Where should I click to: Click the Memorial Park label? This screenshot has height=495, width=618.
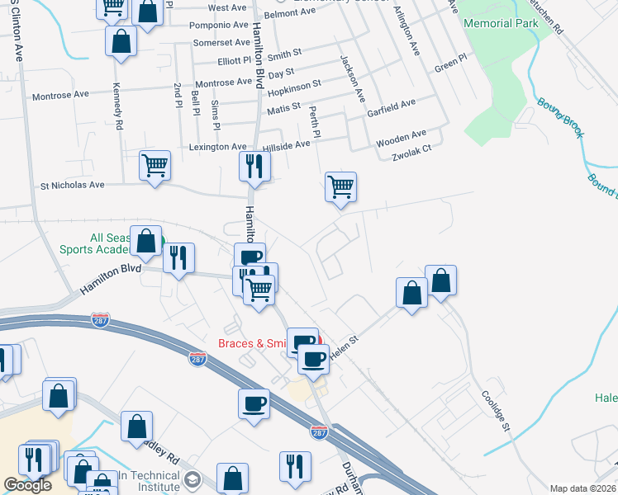pos(501,23)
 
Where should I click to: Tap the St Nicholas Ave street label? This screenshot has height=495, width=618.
pos(73,186)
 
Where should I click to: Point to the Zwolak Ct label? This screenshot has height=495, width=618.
pos(412,150)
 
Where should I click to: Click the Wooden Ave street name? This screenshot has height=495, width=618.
pos(401,137)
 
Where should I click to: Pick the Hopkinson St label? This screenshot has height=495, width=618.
pos(294,85)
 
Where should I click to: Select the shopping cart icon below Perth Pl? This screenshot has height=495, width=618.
pos(340,186)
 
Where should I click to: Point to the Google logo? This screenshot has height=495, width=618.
pos(27,485)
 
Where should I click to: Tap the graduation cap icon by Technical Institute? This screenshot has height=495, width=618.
pos(193,479)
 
